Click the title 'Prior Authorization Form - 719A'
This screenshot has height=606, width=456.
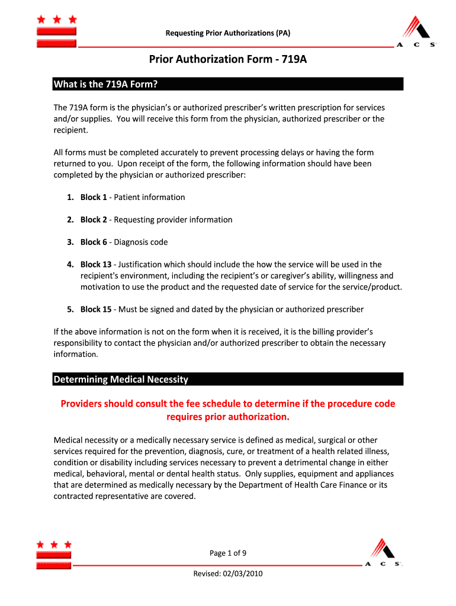tap(228, 60)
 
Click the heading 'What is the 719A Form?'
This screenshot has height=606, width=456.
tap(105, 84)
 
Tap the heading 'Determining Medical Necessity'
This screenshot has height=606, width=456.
tap(121, 379)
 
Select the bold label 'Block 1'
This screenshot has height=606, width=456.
tap(94, 197)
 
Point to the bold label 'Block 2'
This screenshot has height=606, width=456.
tap(94, 220)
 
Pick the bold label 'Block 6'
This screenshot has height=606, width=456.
tap(94, 242)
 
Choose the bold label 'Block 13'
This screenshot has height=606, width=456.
tap(96, 265)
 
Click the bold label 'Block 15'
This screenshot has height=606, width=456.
tap(96, 310)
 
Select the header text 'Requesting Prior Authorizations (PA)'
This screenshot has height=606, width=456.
tap(228, 33)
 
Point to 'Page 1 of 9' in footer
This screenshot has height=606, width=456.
tap(228, 553)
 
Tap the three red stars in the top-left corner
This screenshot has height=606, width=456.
tap(56, 20)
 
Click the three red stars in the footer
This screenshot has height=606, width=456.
tap(54, 544)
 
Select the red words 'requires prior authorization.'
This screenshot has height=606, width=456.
tap(228, 417)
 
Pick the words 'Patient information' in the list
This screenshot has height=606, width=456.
tap(150, 197)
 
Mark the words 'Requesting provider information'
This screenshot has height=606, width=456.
tap(174, 220)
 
